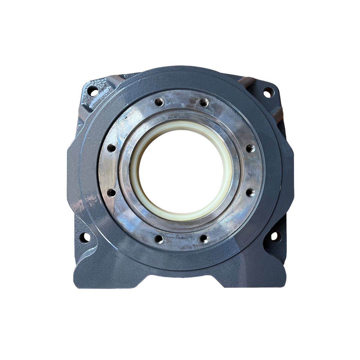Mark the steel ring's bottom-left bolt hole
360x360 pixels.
(159, 239)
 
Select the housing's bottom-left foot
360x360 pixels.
(90, 276)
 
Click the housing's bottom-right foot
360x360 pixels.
(270, 276)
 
